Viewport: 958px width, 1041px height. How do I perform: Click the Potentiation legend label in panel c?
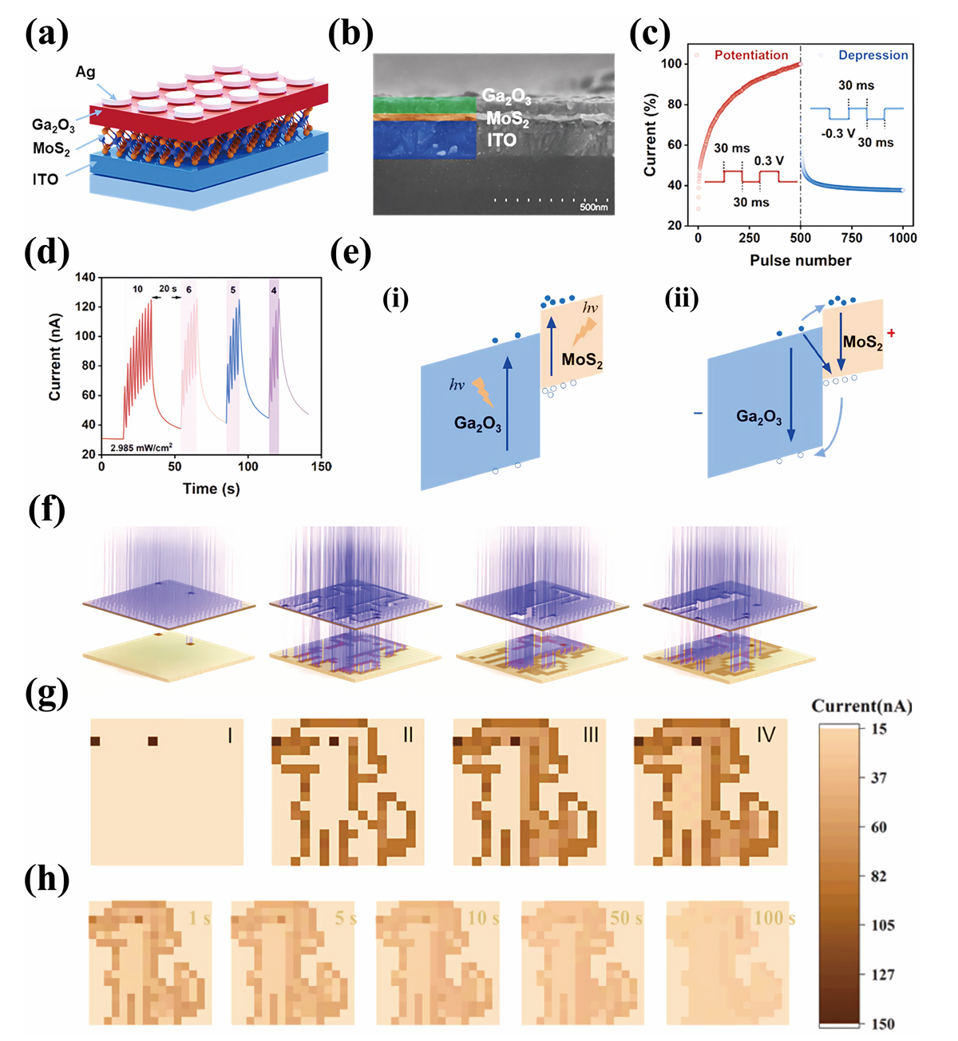pos(750,55)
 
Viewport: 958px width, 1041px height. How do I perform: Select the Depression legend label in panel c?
pos(873,55)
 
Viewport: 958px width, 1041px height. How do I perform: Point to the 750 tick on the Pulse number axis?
pos(852,238)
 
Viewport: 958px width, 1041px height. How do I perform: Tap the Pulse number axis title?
pos(800,260)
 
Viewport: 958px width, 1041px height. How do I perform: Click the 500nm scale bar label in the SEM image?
pos(593,208)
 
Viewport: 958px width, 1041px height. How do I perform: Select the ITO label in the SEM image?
pos(501,141)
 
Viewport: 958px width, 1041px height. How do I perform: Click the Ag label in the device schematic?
pos(85,73)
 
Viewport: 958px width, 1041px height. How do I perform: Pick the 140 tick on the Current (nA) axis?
pos(85,277)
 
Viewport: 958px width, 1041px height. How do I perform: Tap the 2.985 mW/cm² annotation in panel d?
pos(141,448)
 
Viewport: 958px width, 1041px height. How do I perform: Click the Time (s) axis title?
pos(211,489)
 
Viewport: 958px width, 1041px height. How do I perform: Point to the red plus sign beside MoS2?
pos(891,332)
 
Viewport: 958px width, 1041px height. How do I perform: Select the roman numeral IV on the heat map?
pos(766,734)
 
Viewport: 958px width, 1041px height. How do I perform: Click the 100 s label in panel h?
pos(774,918)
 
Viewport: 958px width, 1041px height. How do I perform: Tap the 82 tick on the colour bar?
pos(878,876)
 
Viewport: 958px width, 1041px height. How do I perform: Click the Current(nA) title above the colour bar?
pos(861,706)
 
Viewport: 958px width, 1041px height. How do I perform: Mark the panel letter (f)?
pos(46,509)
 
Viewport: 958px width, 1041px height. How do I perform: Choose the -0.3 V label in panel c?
pos(838,133)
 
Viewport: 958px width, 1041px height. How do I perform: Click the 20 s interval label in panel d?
pos(168,289)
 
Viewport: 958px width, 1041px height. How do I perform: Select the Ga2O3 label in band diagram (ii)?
pos(758,417)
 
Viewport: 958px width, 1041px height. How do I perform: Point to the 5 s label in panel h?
pos(345,918)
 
